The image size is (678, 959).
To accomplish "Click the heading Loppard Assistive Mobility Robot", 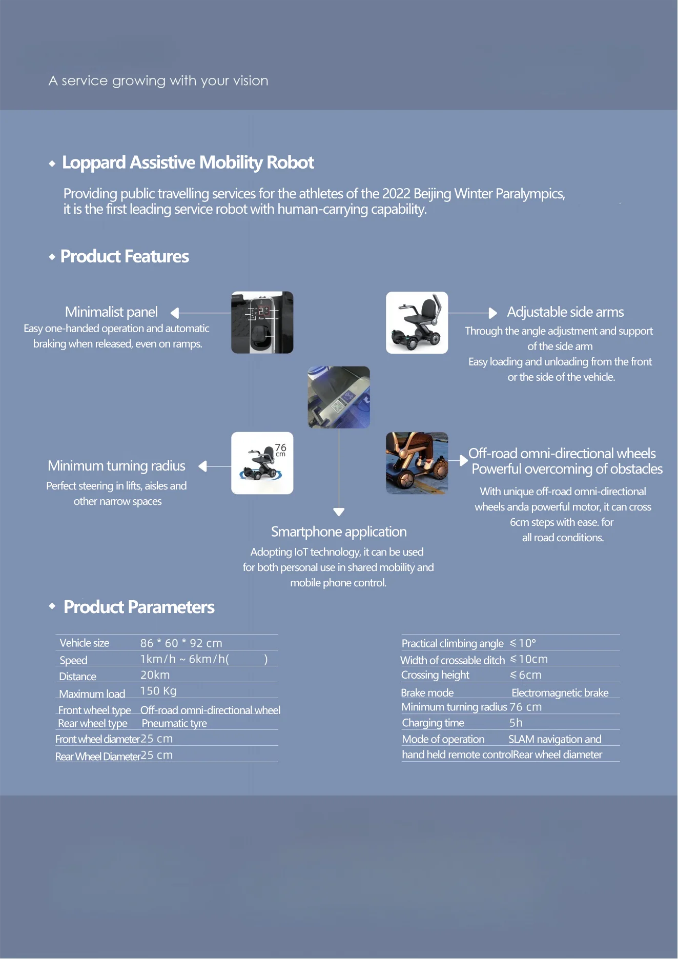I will point(188,162).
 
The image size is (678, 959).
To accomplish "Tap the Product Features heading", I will point(125,256).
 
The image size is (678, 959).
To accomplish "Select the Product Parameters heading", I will point(139,607).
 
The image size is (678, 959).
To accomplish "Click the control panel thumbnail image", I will point(262,322).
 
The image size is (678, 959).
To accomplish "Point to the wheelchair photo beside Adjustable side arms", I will point(417,322).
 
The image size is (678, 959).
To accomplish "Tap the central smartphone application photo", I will point(339,397).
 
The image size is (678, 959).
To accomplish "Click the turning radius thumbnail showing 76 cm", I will point(262,463).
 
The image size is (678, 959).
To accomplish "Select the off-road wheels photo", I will point(417,463).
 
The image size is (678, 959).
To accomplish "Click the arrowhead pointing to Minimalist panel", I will point(175,313).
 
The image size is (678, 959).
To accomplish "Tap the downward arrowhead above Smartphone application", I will point(339,512).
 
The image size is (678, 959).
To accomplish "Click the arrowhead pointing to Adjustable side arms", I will point(493,313).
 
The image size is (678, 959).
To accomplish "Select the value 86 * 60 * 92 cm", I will point(181,643).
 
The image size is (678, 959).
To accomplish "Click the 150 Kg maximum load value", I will point(158,691).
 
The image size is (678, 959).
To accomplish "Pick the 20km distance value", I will point(155,675).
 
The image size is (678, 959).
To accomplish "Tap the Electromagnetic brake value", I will point(560,693).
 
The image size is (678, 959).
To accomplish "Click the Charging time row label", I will point(433,723).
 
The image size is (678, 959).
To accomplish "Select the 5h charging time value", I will point(516,723).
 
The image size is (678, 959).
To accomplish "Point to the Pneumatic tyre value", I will point(174,723).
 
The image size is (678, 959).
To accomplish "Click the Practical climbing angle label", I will point(453,643).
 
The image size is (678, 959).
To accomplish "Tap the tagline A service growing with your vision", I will point(158,80).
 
